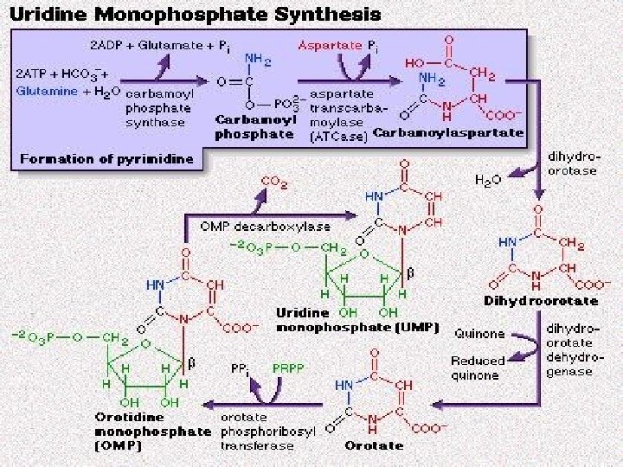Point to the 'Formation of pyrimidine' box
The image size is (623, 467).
[x=101, y=158]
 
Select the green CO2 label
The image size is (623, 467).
[x=274, y=182]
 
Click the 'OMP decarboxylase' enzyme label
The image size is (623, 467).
[x=254, y=226]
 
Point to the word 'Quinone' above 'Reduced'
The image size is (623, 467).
[x=482, y=334]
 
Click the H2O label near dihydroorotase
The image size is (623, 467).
[x=488, y=181]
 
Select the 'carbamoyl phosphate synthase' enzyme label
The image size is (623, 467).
[x=156, y=106]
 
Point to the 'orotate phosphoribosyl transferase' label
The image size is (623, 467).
[x=257, y=430]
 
